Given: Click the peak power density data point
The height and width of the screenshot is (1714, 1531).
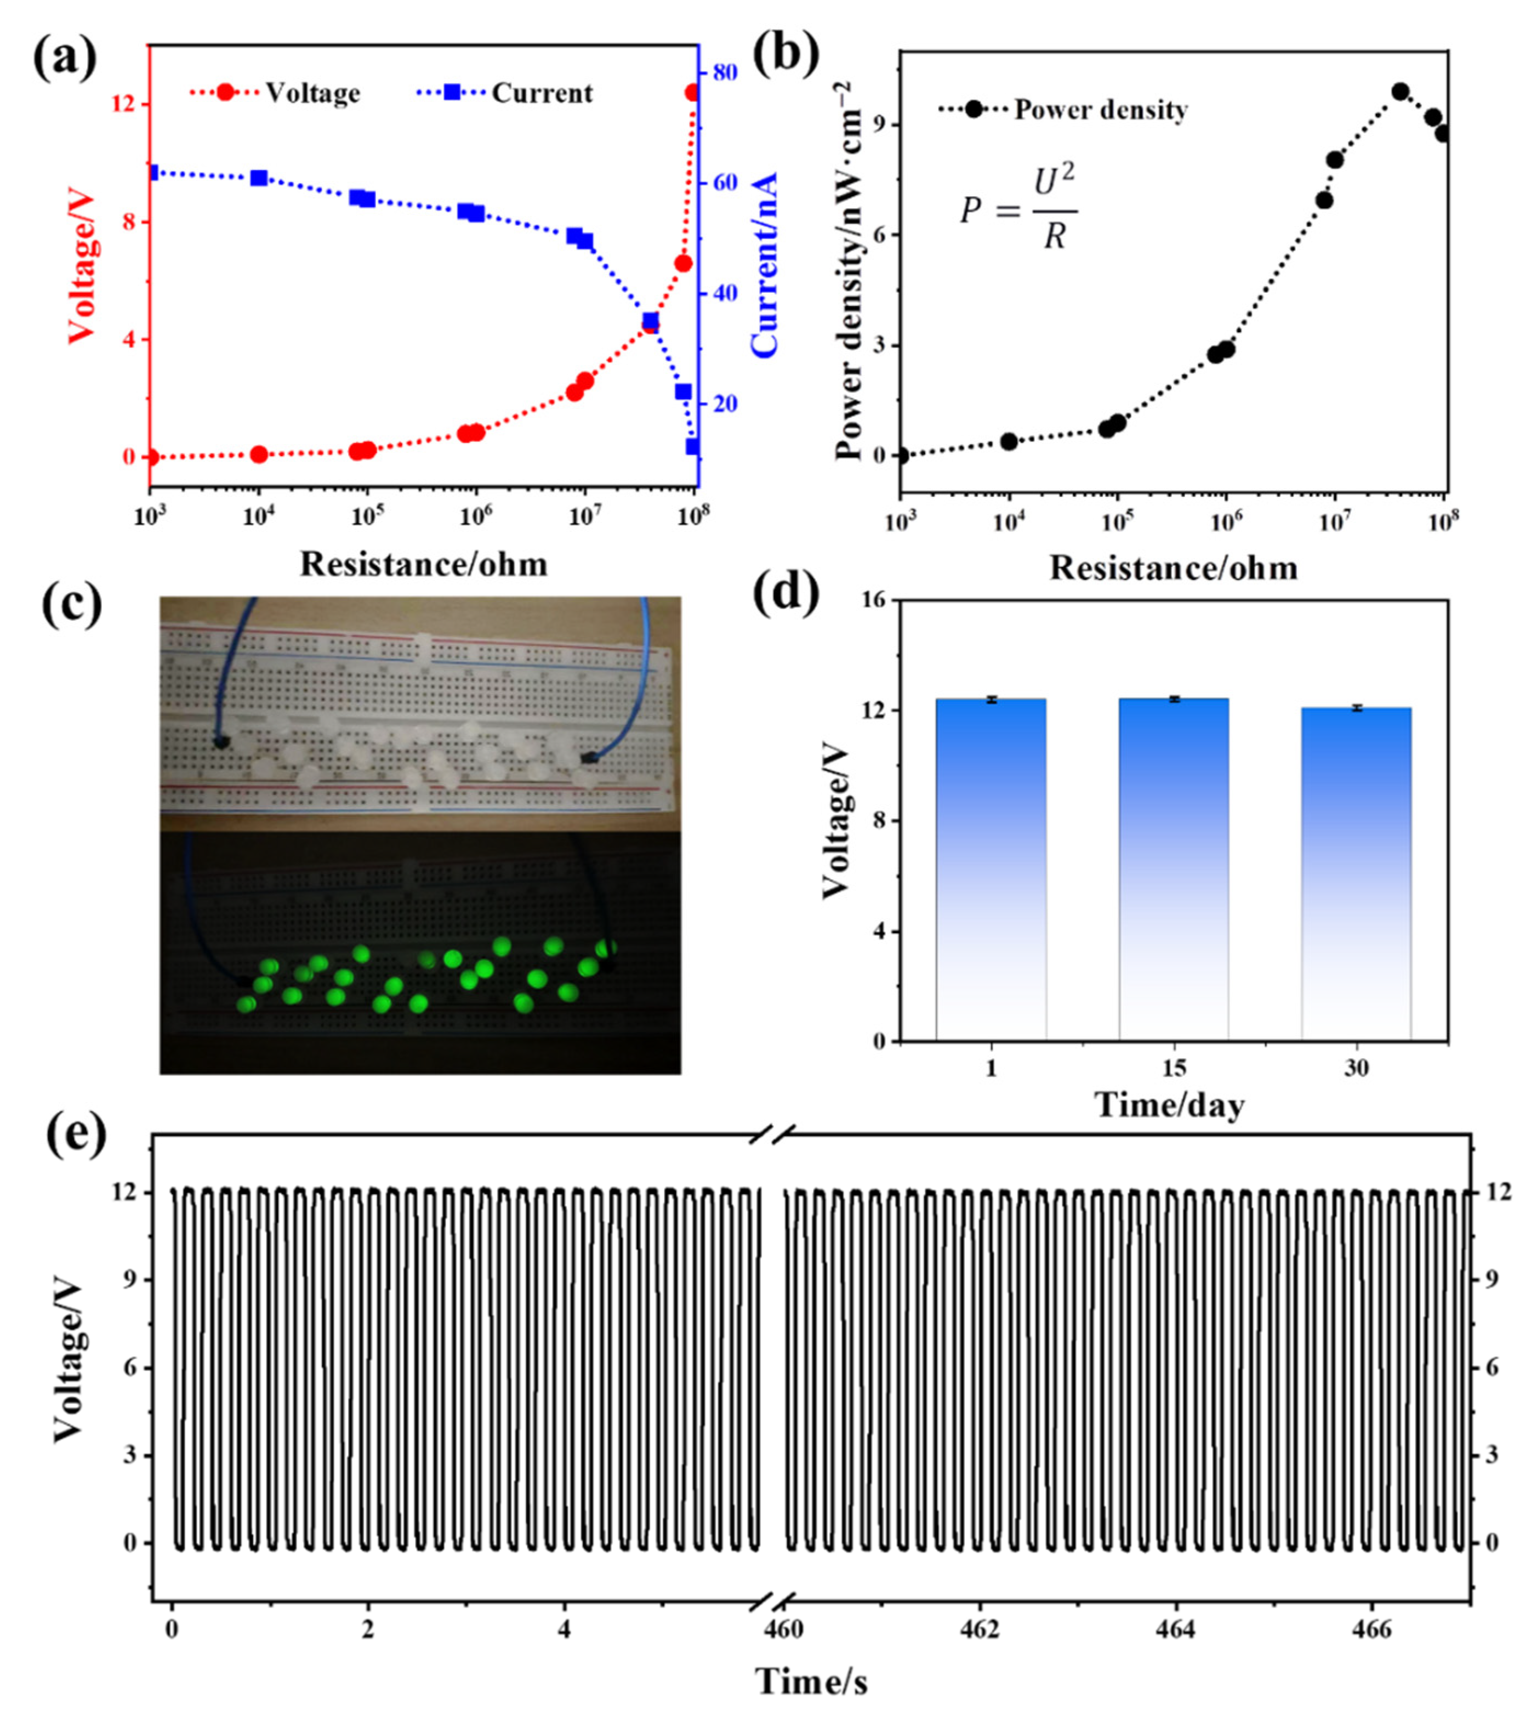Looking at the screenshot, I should point(1401,92).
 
